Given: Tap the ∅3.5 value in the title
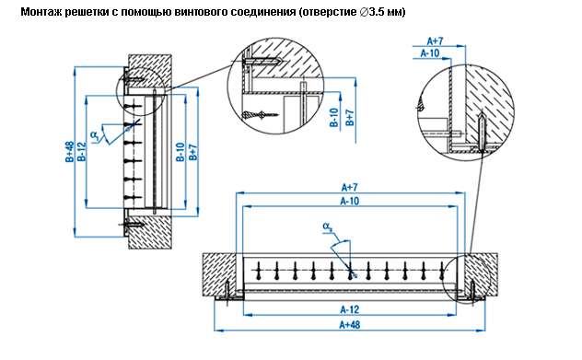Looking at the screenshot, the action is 373,12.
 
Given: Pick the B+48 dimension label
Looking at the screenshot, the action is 69,152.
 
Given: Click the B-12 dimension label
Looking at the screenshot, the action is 81,152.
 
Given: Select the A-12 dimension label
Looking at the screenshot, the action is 350,309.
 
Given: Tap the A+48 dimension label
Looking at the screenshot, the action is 350,325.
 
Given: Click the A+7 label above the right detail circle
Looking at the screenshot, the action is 435,41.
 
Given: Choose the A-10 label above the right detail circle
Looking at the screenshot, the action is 430,53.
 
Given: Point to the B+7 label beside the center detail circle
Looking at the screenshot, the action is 350,117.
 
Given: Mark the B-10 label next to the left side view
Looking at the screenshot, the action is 180,152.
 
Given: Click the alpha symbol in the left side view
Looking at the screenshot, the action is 95,135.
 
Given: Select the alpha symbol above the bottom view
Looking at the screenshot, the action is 327,226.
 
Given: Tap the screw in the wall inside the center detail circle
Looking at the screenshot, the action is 262,60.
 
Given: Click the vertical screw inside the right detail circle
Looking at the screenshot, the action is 481,133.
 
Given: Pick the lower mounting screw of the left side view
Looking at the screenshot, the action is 131,224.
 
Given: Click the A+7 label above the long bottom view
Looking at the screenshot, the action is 350,187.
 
